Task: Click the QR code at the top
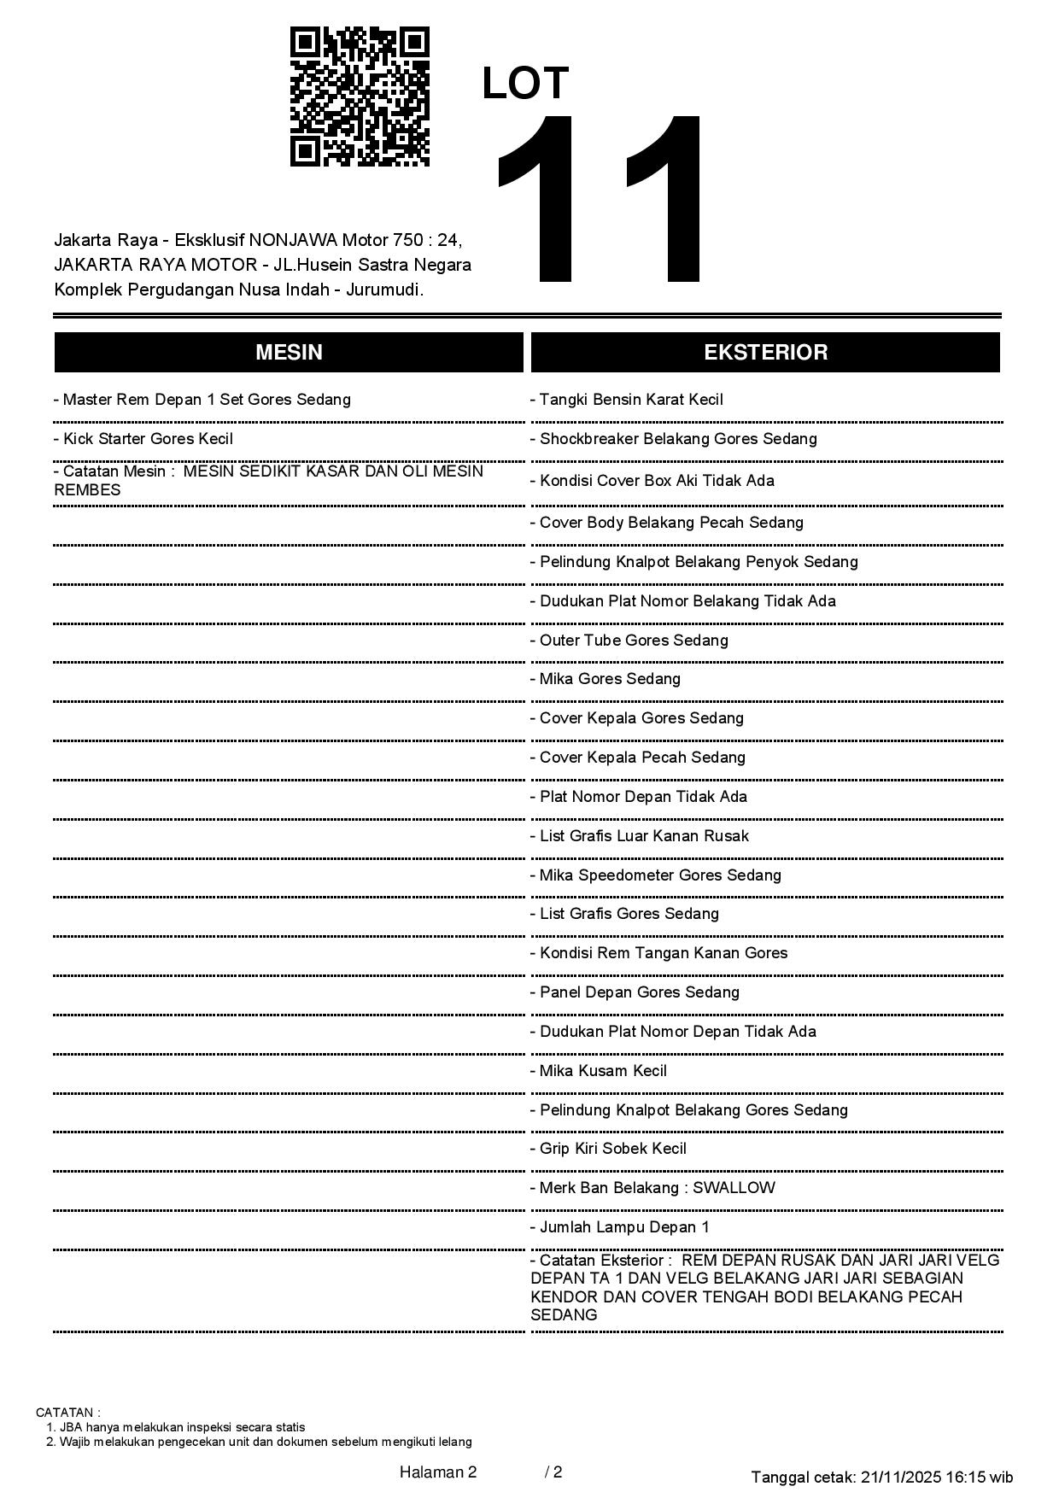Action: pos(360,97)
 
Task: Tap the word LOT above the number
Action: pos(525,84)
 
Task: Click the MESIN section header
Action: pos(289,353)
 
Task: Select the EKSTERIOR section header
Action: pos(765,353)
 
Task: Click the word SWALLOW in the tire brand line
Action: pos(734,1188)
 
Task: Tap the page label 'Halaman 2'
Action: pos(438,1472)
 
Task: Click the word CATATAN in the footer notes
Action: pos(67,1413)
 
